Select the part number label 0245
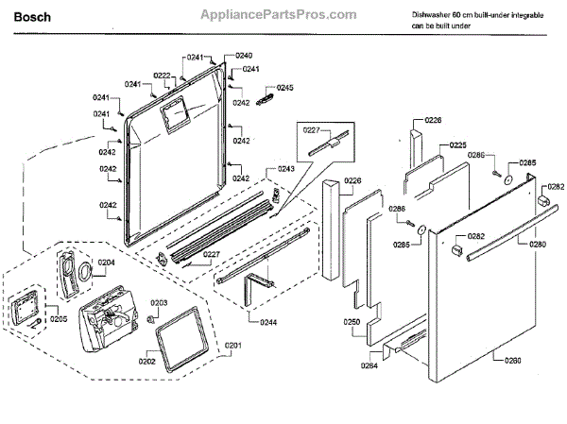point(285,88)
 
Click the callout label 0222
point(163,76)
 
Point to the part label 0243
point(285,169)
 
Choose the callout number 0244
point(269,323)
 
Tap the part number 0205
point(59,319)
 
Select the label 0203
point(160,302)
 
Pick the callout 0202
point(147,361)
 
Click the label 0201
point(233,345)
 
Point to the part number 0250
point(352,322)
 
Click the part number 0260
point(512,361)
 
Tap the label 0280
point(537,245)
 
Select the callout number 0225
point(457,145)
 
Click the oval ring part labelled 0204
point(84,272)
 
